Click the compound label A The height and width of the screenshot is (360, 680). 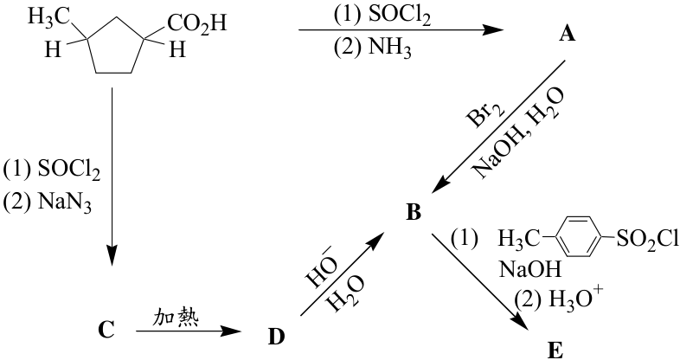pyautogui.click(x=567, y=34)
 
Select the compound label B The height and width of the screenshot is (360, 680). pyautogui.click(x=413, y=213)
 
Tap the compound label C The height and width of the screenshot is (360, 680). pyautogui.click(x=106, y=330)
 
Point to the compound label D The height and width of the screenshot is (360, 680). pyautogui.click(x=276, y=337)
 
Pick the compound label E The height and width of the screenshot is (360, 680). pyautogui.click(x=555, y=350)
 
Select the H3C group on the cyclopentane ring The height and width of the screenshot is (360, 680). pyautogui.click(x=48, y=18)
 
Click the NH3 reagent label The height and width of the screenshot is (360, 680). pyautogui.click(x=389, y=48)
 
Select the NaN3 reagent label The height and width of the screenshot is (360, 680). pyautogui.click(x=65, y=202)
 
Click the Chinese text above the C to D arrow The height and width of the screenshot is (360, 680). pyautogui.click(x=176, y=318)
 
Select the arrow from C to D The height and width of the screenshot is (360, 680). pyautogui.click(x=189, y=331)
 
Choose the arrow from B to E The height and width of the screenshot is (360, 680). pyautogui.click(x=480, y=284)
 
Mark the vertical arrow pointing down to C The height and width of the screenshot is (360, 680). pyautogui.click(x=112, y=176)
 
